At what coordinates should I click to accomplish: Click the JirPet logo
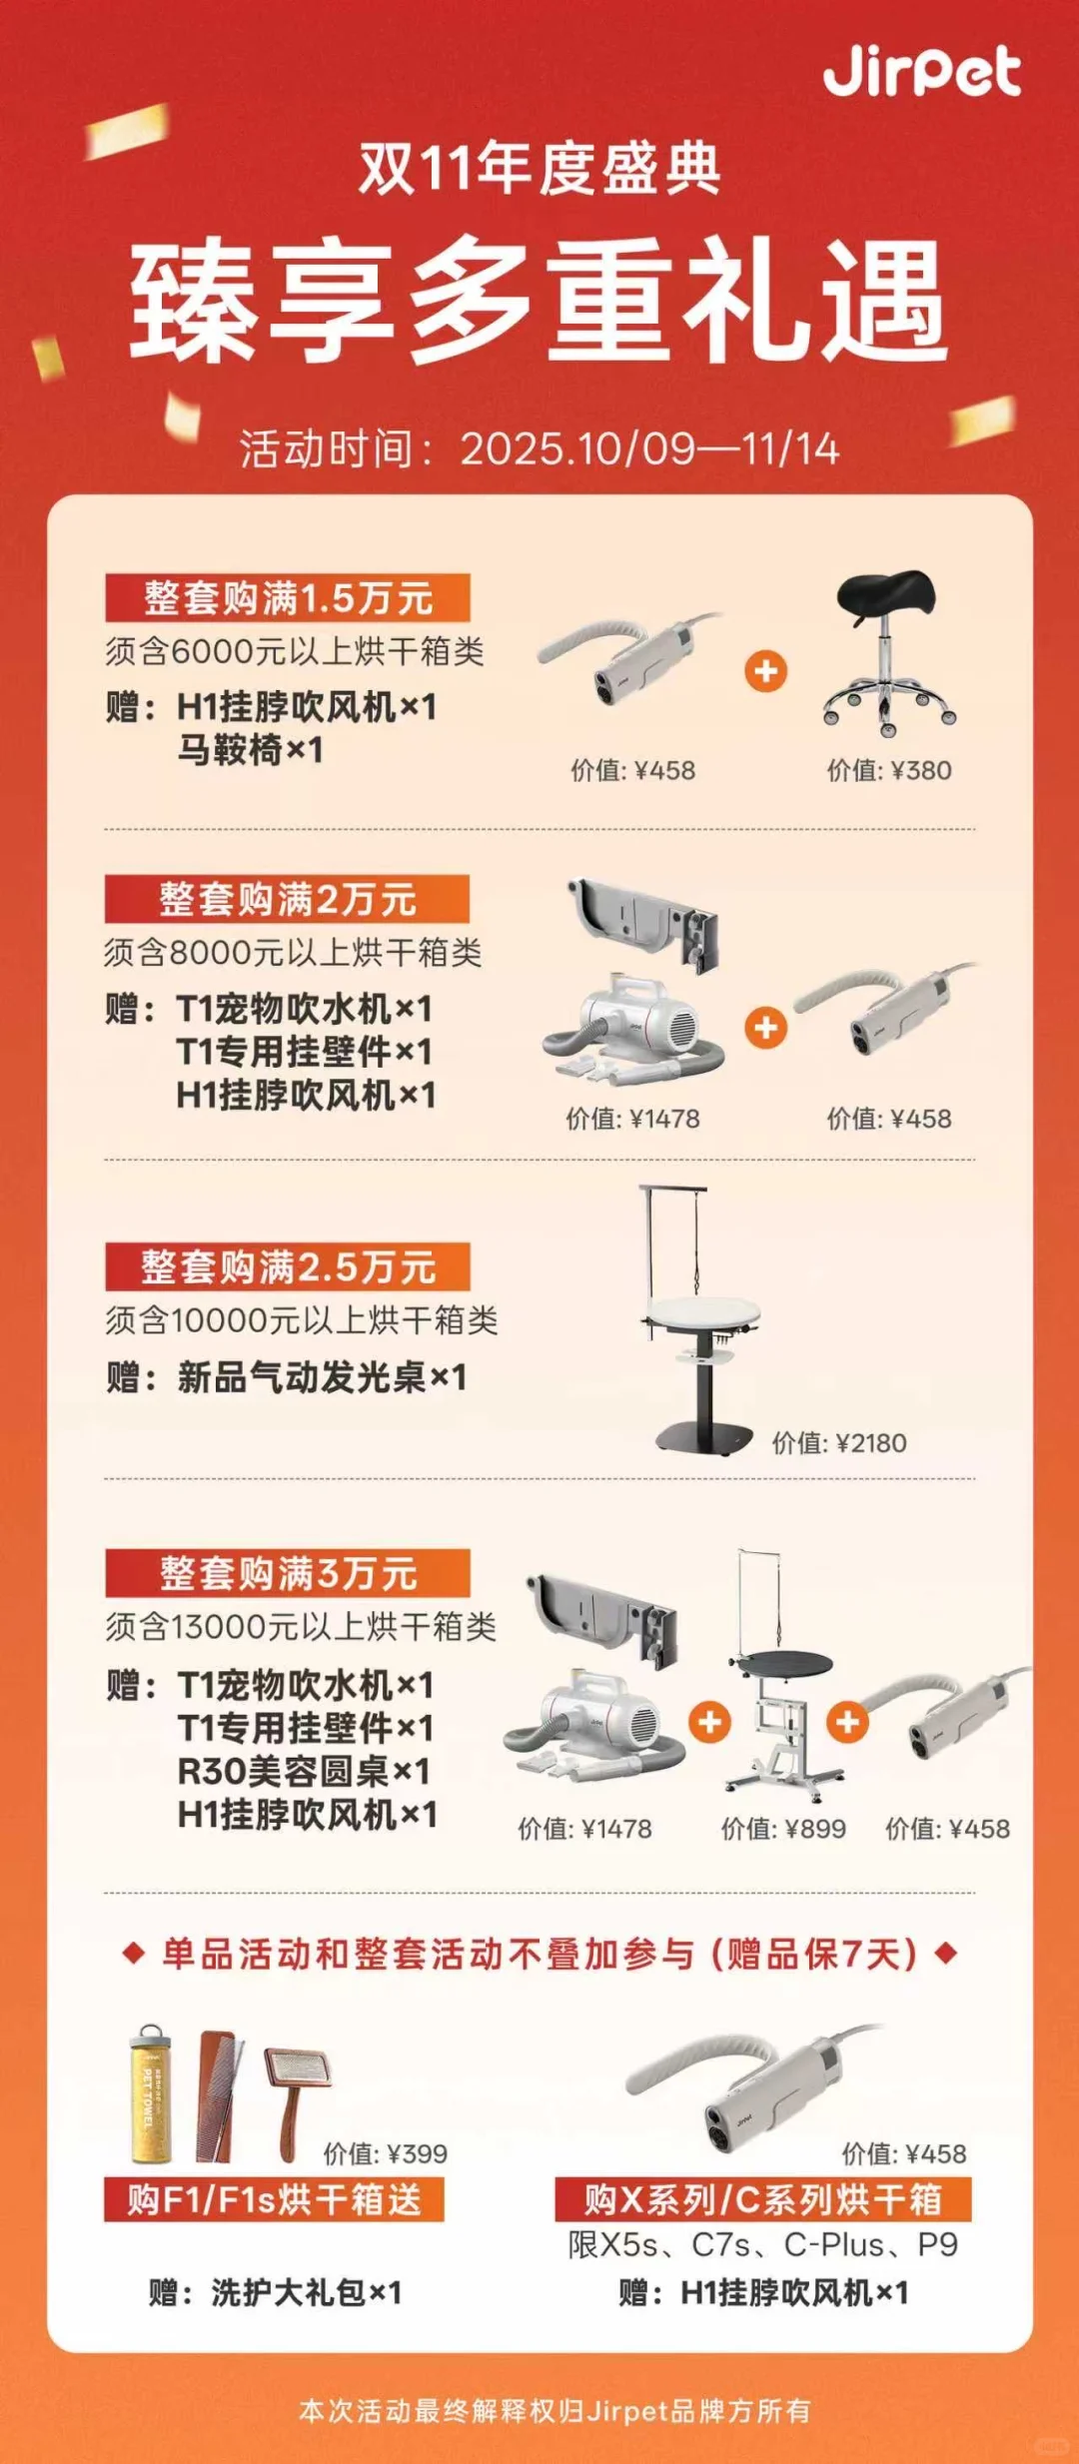(x=921, y=71)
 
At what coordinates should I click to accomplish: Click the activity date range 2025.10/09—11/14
(x=649, y=448)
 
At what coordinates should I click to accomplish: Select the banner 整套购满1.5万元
(x=288, y=598)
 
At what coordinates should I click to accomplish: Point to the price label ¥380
(x=889, y=770)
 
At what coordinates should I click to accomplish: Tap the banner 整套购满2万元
(x=288, y=899)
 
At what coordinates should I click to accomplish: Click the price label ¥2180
(x=839, y=1442)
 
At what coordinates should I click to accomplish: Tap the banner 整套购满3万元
(x=288, y=1573)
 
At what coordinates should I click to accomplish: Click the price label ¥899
(x=783, y=1828)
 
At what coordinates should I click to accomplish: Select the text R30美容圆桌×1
(x=304, y=1771)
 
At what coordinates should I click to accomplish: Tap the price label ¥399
(x=386, y=2153)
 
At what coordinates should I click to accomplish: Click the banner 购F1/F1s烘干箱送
(x=274, y=2199)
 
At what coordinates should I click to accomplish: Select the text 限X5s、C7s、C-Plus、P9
(x=763, y=2245)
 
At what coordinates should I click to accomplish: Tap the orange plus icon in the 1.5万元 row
(x=766, y=671)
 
